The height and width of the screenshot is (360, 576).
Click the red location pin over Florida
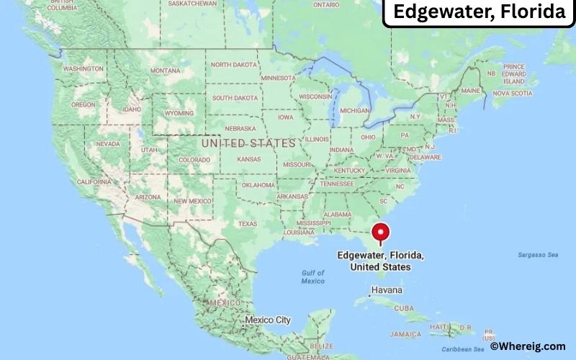click(380, 233)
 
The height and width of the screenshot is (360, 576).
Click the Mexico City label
click(268, 319)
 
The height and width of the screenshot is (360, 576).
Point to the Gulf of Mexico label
click(313, 276)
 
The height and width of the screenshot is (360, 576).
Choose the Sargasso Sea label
click(538, 255)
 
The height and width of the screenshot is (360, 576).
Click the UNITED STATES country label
click(248, 143)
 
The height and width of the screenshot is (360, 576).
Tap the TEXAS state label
click(247, 223)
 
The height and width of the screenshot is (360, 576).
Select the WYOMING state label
click(179, 113)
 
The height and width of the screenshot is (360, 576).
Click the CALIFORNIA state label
click(94, 181)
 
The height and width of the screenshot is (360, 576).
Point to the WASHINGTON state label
click(84, 69)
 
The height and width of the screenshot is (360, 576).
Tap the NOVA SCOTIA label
click(512, 93)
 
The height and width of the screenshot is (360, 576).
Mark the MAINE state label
click(471, 91)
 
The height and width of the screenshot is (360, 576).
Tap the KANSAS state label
click(249, 158)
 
